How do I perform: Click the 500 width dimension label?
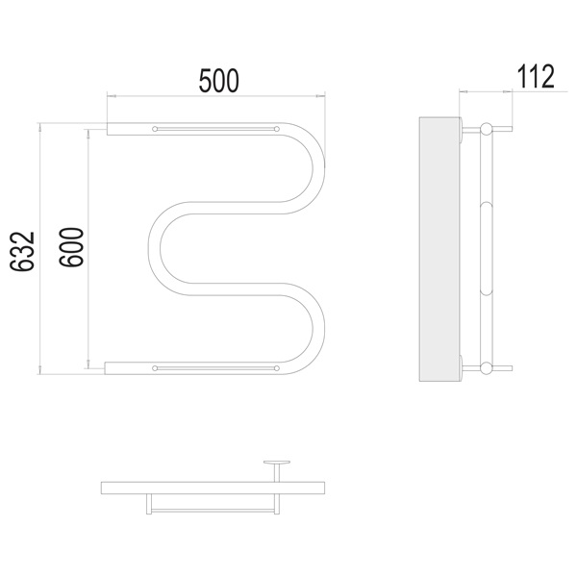218,81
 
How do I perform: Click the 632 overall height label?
22,251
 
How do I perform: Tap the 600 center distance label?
71,247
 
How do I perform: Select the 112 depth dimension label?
536,76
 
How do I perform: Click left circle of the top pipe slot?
155,129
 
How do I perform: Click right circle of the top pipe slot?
277,129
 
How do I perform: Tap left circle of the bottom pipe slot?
155,368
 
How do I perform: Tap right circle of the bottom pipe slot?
277,368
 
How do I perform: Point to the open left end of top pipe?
107,129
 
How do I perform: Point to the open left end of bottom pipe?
105,368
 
